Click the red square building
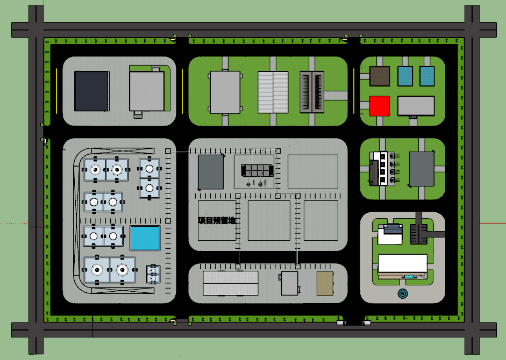coord(380,106)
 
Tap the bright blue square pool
coord(145,238)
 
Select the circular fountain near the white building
coord(403,293)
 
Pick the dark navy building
coord(91,91)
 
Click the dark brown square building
coord(380,76)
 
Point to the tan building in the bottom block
coord(325,283)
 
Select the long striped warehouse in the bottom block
coord(230,283)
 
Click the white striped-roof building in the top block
coord(273,92)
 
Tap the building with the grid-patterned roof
coord(312,92)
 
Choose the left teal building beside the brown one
coord(405,76)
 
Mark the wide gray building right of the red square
coord(416,106)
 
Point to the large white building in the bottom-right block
coord(402,264)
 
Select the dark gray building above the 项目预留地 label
coord(211,172)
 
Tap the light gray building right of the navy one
coord(147,91)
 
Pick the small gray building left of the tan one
coord(289,283)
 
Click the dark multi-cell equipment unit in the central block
coord(257,170)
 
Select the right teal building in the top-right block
coord(427,76)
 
